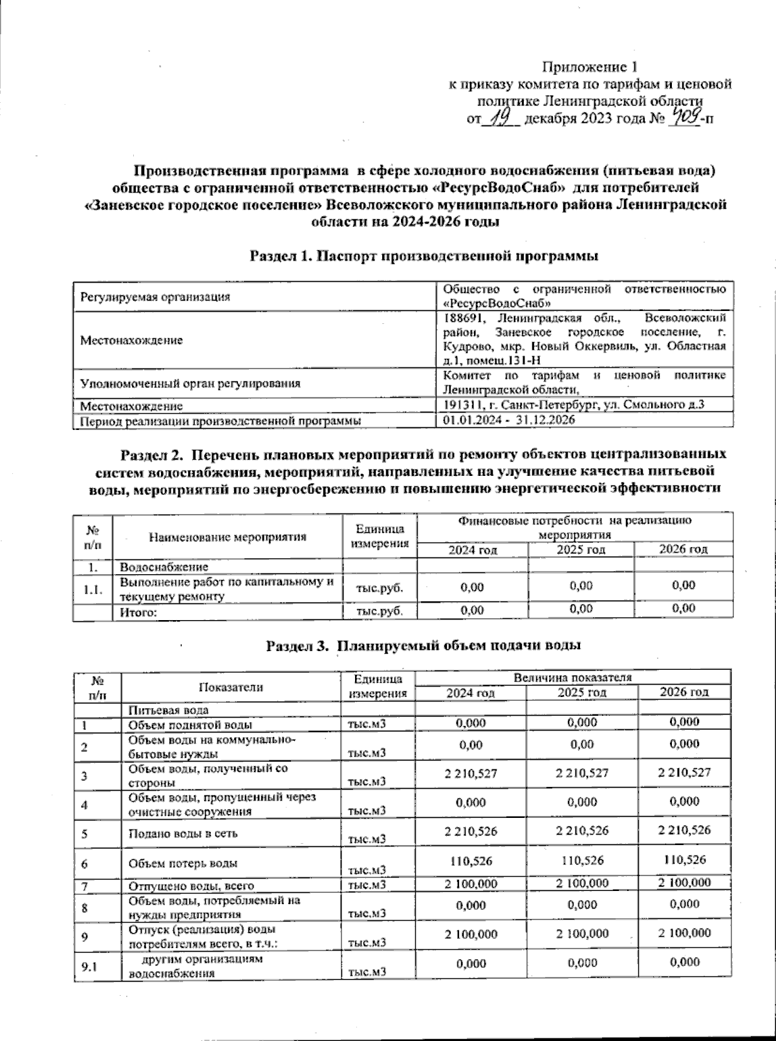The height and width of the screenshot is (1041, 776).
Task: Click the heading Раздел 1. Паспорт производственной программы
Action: click(x=424, y=256)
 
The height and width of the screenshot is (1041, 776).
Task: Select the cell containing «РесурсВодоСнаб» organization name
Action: click(x=585, y=295)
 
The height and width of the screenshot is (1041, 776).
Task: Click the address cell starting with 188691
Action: click(x=585, y=339)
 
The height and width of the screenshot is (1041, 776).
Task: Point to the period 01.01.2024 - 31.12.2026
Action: click(x=509, y=420)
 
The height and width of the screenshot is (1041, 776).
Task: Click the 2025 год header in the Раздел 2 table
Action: click(x=581, y=549)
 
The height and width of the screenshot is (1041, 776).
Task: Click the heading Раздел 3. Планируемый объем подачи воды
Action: click(x=424, y=645)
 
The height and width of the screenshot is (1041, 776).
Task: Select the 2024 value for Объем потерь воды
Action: click(x=471, y=860)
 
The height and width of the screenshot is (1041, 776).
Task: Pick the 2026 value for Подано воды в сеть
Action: click(x=684, y=830)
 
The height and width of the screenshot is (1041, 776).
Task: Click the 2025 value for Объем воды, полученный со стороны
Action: click(x=581, y=772)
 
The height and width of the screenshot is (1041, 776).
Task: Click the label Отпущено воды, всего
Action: click(x=191, y=886)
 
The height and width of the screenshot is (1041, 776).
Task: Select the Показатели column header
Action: click(x=231, y=687)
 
